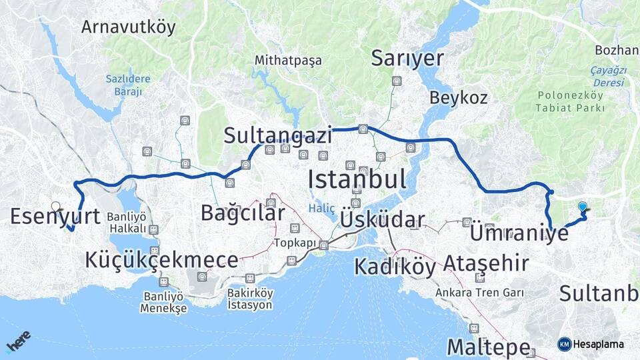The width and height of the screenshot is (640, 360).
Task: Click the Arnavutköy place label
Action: [x=128, y=27]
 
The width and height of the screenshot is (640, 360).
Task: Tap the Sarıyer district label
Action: [x=407, y=59]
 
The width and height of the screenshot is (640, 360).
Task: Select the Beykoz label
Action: [x=458, y=97]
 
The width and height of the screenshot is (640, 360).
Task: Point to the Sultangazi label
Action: [x=277, y=136]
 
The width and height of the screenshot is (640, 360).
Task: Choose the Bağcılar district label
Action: [x=243, y=213]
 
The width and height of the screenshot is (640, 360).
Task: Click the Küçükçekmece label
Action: [x=161, y=260]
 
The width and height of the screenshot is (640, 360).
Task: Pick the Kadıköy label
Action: [x=395, y=267]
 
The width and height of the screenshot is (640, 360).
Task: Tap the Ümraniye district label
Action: [x=519, y=233]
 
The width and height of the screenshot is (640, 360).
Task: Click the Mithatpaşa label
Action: [x=288, y=61]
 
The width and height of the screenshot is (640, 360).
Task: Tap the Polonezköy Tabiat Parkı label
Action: [x=571, y=101]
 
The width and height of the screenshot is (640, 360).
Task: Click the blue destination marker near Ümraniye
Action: [x=583, y=207]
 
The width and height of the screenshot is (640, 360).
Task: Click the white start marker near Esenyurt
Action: [x=56, y=207]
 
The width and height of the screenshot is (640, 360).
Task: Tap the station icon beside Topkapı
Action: [x=323, y=245]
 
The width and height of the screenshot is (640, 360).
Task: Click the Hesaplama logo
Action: [x=591, y=344]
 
